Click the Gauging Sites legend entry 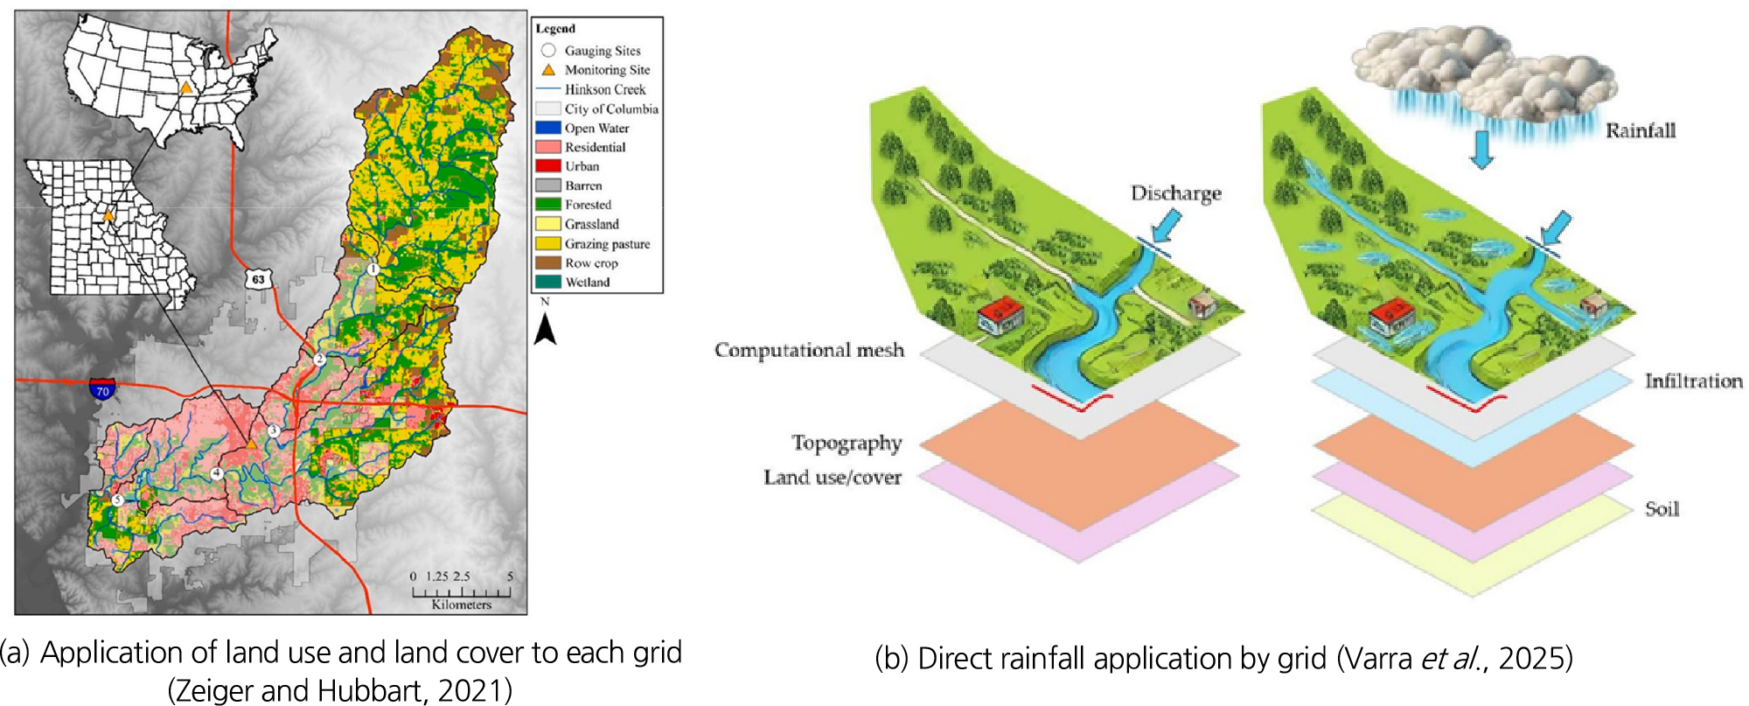coord(602,51)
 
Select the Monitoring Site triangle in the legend coord(548,70)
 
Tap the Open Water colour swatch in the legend coord(548,128)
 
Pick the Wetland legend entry coord(587,282)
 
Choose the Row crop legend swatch coord(548,262)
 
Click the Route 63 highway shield coord(258,280)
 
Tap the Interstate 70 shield coord(102,389)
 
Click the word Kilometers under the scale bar coord(461,605)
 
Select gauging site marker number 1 coord(373,269)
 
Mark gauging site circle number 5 coord(117,500)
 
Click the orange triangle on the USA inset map coord(185,87)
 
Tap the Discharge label coord(1175,193)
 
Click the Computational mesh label coord(809,350)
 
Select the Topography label coord(847,444)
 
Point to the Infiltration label coord(1693,381)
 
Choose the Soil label coord(1662,509)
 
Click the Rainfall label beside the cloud coord(1640,131)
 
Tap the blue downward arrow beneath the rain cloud coord(1481,149)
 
